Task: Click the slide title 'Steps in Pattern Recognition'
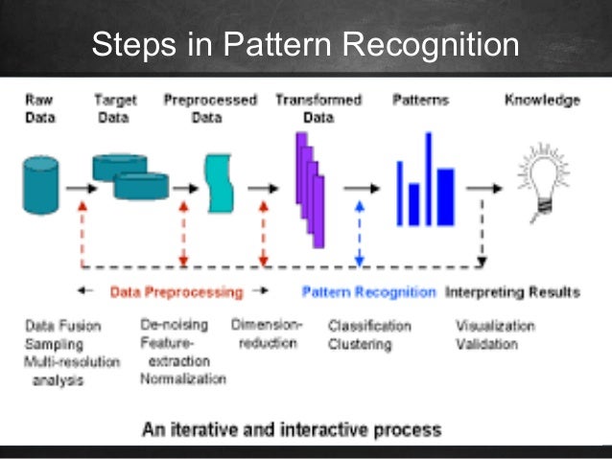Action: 305,45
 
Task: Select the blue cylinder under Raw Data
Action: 40,184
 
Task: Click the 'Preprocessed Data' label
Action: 210,108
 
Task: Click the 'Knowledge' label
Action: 542,100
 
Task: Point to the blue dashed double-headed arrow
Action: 358,233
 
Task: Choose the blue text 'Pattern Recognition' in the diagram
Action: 369,292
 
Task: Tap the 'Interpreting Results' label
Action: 512,292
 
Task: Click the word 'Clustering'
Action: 360,344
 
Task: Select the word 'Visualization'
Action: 494,326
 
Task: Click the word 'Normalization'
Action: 183,379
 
